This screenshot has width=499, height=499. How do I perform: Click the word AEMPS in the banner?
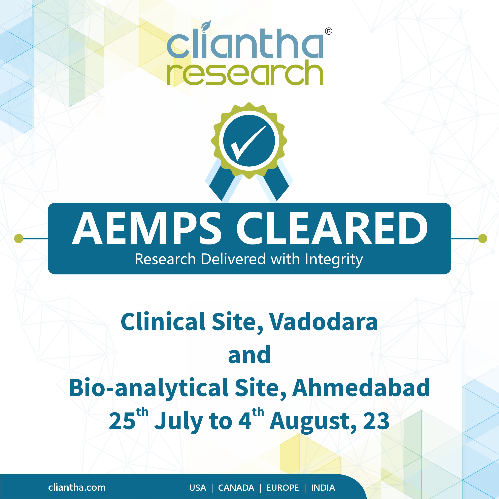146,228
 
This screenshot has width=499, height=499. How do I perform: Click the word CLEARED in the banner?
332,228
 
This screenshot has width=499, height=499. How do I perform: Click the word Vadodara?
324,322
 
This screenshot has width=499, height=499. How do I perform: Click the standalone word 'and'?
249,355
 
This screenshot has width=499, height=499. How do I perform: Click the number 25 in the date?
122,421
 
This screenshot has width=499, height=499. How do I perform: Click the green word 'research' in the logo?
245,73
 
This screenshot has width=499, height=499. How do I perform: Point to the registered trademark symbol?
329,31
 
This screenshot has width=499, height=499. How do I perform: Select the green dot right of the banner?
483,238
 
